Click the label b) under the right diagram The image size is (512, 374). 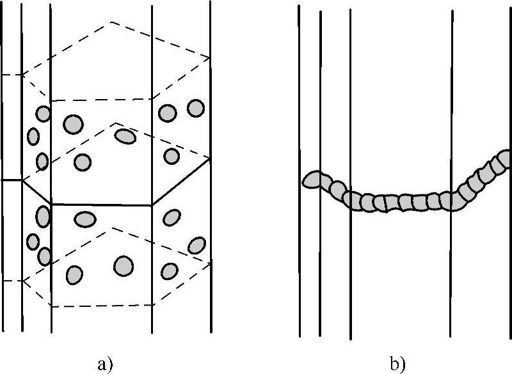(x=397, y=364)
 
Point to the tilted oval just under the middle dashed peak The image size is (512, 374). (x=125, y=136)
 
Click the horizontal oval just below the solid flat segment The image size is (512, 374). (x=84, y=219)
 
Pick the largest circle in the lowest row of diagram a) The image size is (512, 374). (x=124, y=265)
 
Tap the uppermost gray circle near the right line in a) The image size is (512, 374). (x=196, y=107)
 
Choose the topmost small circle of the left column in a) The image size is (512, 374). (x=43, y=114)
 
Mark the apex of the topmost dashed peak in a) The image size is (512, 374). (x=111, y=22)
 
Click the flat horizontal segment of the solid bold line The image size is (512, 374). (x=101, y=205)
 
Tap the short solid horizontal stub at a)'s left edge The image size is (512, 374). (x=12, y=180)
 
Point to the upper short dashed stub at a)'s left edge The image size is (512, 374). (x=12, y=75)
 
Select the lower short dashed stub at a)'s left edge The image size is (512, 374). (x=12, y=280)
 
